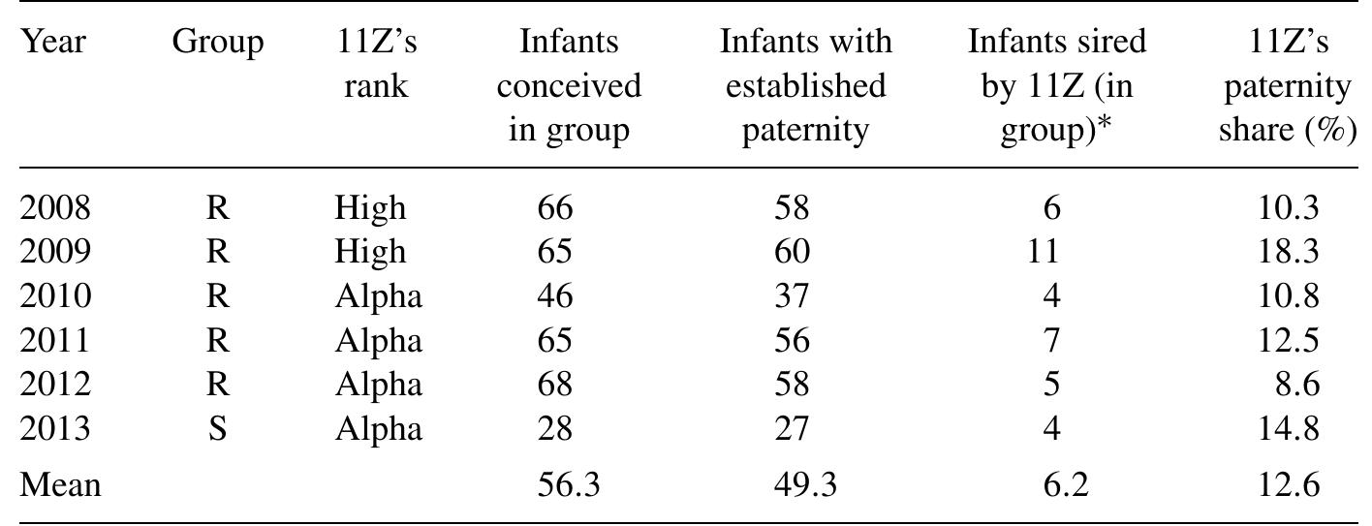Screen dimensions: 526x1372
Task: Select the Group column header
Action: (x=217, y=42)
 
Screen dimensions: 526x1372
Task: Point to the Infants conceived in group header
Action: (x=569, y=85)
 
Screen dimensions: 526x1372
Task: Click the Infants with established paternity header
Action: (x=805, y=85)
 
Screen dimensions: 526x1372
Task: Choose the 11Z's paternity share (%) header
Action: (x=1287, y=85)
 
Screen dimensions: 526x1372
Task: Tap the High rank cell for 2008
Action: (x=370, y=207)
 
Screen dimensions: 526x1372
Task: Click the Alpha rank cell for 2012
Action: (x=378, y=385)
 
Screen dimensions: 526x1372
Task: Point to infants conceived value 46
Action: (x=555, y=295)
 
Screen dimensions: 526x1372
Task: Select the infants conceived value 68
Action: (x=555, y=385)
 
